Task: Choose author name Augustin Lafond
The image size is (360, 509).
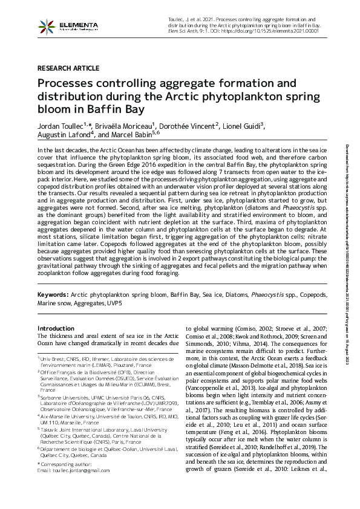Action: click(65, 135)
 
